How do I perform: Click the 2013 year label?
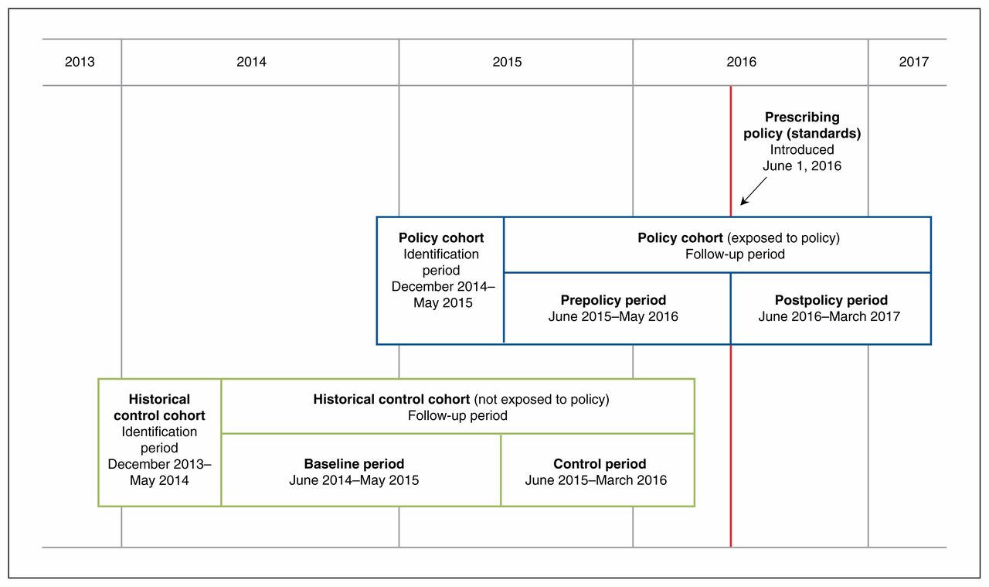pos(80,62)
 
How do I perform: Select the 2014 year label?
pos(251,62)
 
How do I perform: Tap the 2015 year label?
pos(507,62)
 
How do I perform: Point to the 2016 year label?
pos(741,62)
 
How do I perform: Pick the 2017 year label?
pos(913,62)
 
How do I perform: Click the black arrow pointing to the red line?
pos(753,191)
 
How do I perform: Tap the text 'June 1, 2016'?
pos(802,166)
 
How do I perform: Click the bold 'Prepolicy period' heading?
pos(613,300)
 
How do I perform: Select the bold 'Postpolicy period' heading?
pos(831,300)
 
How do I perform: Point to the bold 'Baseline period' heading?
pos(354,464)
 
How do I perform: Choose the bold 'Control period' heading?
pos(600,464)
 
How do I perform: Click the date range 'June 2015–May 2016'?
pos(613,316)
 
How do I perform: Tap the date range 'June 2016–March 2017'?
pos(829,316)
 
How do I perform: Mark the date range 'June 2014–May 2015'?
pos(354,480)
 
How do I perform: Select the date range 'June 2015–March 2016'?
pos(596,480)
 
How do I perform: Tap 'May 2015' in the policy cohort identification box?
pos(443,303)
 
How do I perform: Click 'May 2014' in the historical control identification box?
pos(159,480)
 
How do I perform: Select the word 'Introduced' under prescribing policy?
pos(802,150)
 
